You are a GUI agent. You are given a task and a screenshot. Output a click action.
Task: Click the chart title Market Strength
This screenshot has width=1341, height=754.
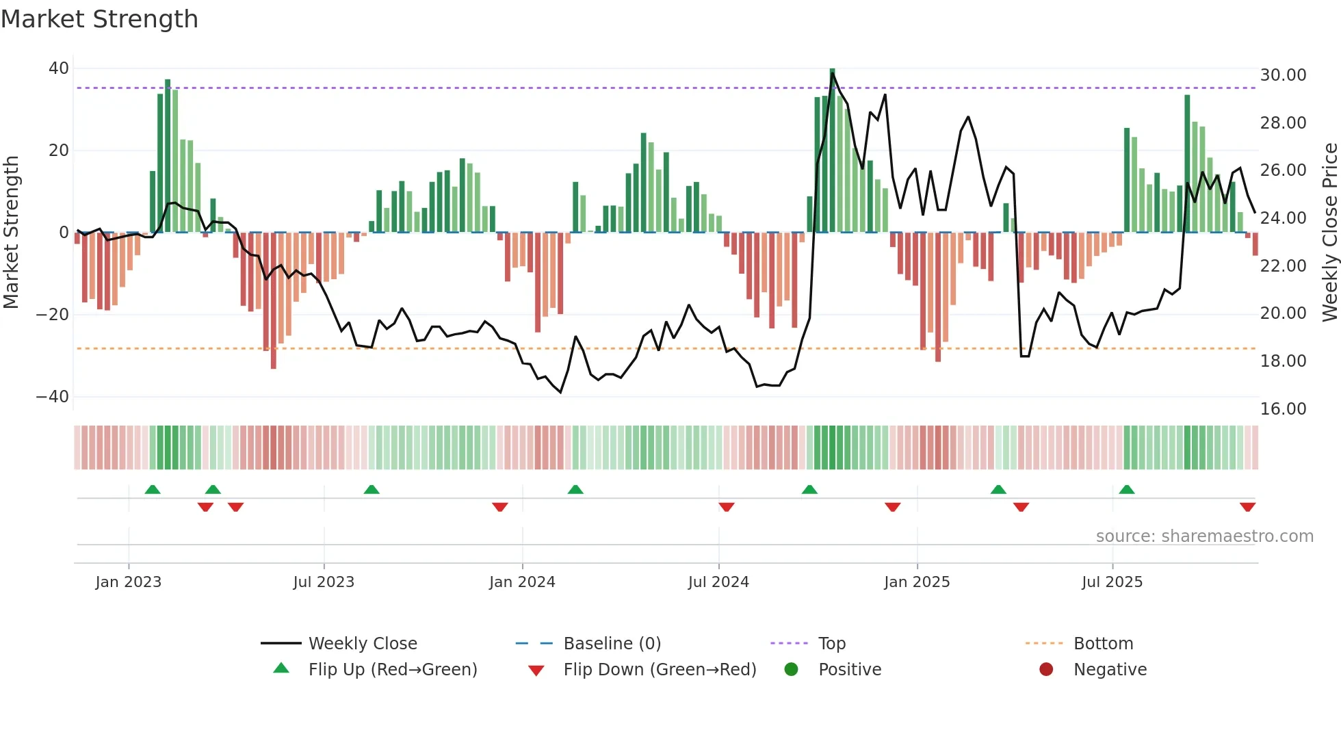point(99,19)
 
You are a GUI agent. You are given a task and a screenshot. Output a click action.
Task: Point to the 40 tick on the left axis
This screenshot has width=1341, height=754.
point(59,68)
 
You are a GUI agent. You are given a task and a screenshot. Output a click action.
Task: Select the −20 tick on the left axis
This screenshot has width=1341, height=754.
point(53,315)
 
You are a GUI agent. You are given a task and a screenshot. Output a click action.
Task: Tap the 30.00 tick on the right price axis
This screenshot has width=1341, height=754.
point(1283,75)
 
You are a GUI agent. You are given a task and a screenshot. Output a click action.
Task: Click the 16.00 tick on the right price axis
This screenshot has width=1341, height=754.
point(1283,409)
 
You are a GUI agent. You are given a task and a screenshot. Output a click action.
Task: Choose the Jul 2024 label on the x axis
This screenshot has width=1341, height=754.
point(718,582)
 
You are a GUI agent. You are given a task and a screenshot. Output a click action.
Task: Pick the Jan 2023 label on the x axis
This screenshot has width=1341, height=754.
point(129,582)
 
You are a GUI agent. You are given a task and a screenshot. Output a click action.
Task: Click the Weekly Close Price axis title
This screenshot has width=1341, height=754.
point(1329,233)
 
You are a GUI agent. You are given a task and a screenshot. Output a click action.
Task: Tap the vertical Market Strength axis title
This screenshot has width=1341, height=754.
point(12,233)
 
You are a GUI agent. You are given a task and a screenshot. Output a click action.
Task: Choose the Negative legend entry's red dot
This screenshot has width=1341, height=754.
point(1046,670)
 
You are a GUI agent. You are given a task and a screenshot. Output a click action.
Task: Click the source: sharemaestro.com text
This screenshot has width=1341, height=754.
point(1204,536)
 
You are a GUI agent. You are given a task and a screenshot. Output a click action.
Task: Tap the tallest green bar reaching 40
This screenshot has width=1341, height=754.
point(832,151)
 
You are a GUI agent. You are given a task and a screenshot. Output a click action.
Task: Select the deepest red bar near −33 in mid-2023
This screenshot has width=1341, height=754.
point(274,301)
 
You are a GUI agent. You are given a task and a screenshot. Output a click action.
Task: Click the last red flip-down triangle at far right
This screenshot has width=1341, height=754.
point(1247,507)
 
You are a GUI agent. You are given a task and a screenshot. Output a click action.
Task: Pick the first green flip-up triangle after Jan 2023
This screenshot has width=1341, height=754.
point(153,490)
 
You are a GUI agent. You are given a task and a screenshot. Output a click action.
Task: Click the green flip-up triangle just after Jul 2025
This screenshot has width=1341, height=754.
point(1127,490)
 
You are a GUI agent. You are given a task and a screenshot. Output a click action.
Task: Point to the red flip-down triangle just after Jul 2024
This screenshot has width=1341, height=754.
point(727,507)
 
